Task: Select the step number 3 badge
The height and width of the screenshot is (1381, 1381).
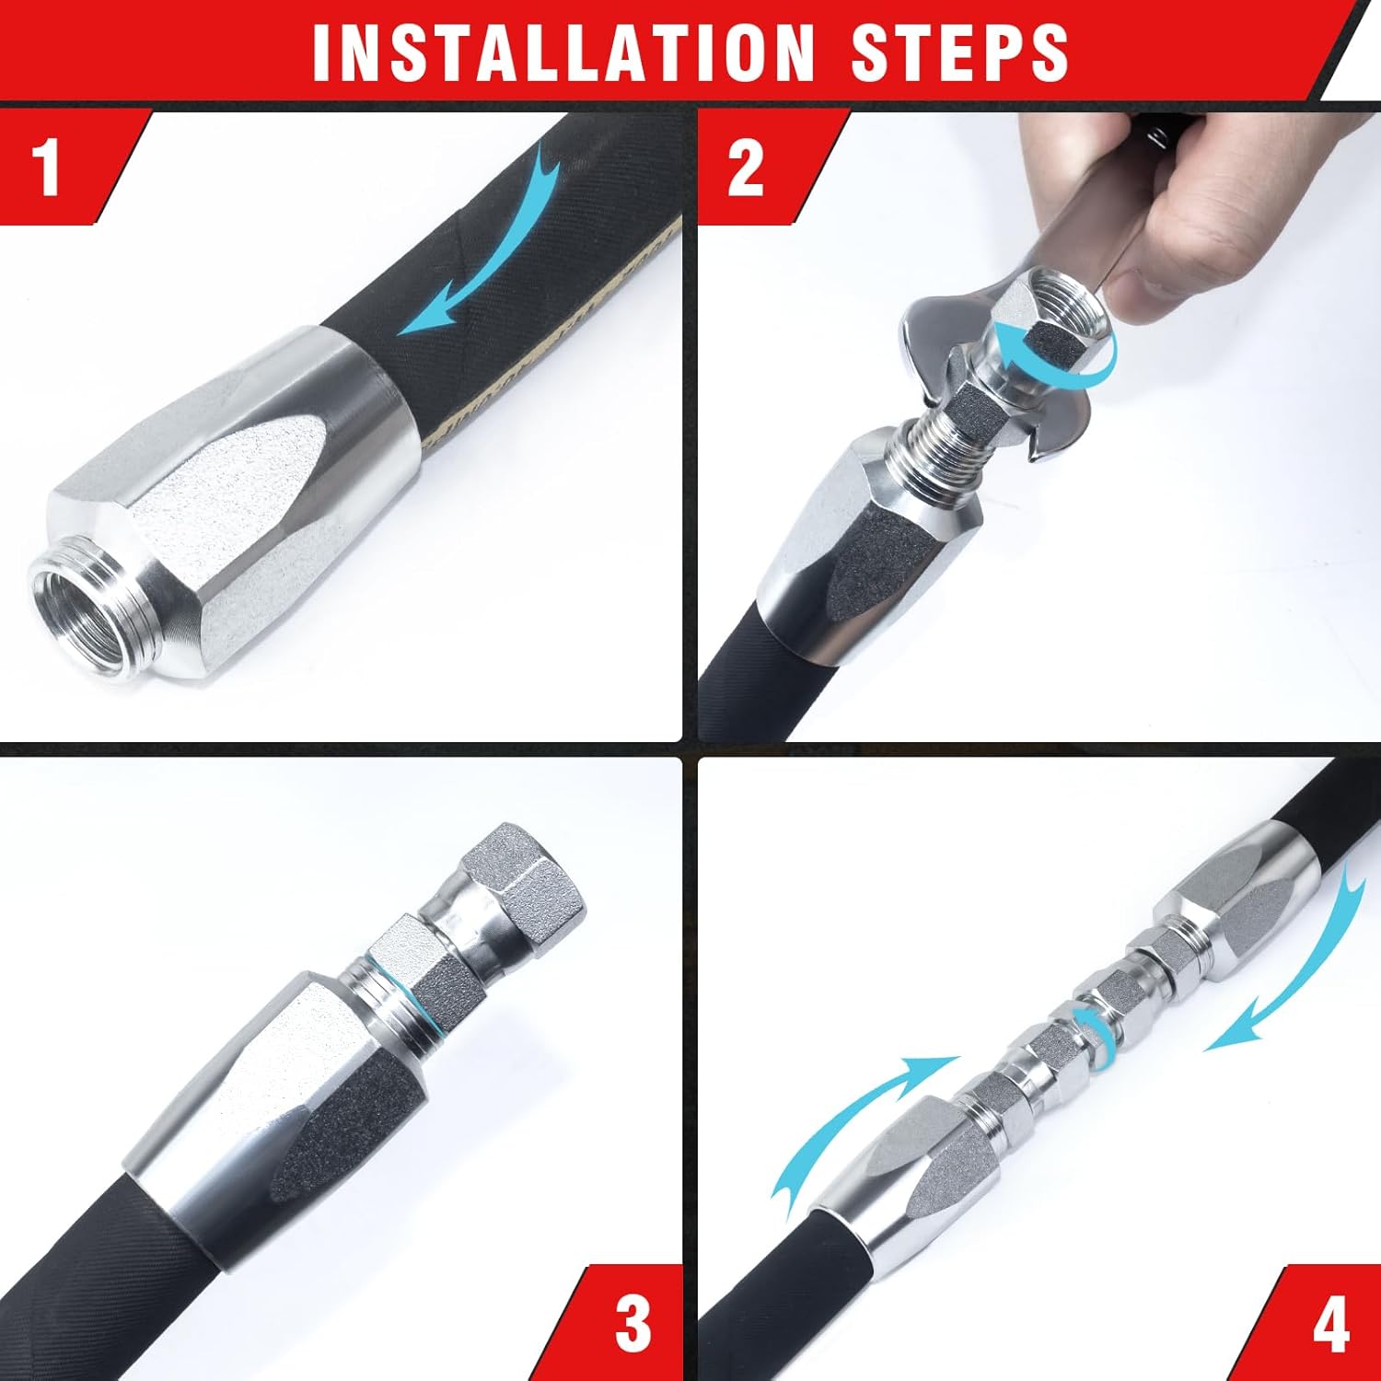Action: (x=632, y=1324)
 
